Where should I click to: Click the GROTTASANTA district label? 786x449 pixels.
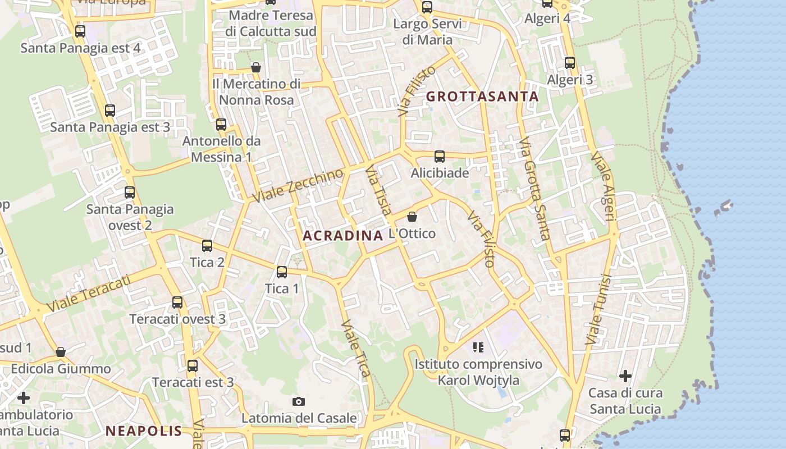click(x=482, y=97)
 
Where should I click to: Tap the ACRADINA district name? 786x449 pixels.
click(x=342, y=236)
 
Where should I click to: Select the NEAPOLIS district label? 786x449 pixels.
click(x=144, y=431)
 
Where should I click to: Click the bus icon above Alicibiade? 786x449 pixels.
click(x=440, y=157)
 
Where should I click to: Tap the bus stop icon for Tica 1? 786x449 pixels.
click(x=282, y=272)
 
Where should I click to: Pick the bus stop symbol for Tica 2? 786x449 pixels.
click(x=207, y=246)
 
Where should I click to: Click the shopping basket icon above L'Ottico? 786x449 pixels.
click(x=412, y=217)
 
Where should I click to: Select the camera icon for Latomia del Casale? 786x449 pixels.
click(x=299, y=401)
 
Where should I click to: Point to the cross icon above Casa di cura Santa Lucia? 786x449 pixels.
click(x=625, y=376)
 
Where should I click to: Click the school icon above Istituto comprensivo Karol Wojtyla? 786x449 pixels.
click(x=478, y=347)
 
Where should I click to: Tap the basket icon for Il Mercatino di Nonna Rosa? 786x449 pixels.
click(x=256, y=67)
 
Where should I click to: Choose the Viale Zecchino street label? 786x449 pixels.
click(x=298, y=186)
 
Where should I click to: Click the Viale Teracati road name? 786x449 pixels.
click(x=89, y=293)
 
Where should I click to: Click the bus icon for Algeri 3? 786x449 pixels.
click(x=570, y=62)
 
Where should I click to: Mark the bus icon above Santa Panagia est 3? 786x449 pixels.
click(x=110, y=111)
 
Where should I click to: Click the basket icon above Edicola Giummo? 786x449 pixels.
click(x=61, y=352)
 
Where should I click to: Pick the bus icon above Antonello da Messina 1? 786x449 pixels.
click(x=221, y=125)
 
